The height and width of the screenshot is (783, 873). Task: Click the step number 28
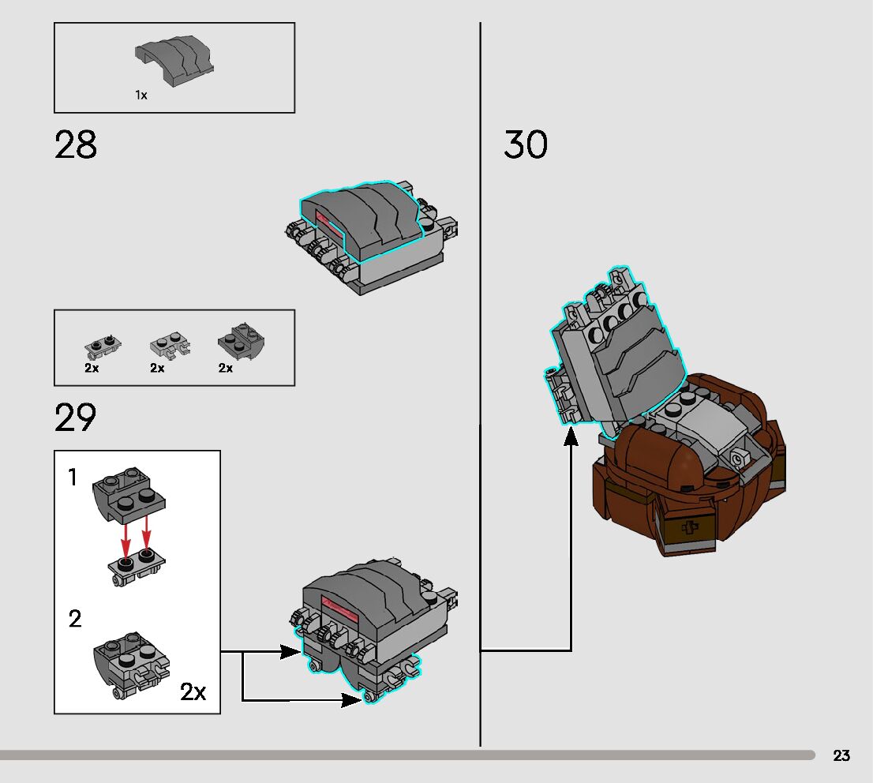tap(76, 145)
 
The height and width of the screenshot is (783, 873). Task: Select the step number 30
tap(526, 145)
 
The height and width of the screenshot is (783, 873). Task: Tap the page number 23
tap(841, 755)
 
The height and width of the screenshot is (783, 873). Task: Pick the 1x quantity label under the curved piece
tap(141, 95)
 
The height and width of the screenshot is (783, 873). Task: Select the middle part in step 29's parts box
tap(168, 345)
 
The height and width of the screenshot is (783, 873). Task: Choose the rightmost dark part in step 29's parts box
tap(240, 341)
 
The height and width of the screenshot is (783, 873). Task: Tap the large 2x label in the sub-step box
tap(193, 692)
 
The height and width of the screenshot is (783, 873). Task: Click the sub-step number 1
tap(73, 478)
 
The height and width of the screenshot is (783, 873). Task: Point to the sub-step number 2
tap(75, 619)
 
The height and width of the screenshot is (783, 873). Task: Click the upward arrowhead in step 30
tap(571, 436)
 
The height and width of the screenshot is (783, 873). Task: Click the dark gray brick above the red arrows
tap(130, 494)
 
